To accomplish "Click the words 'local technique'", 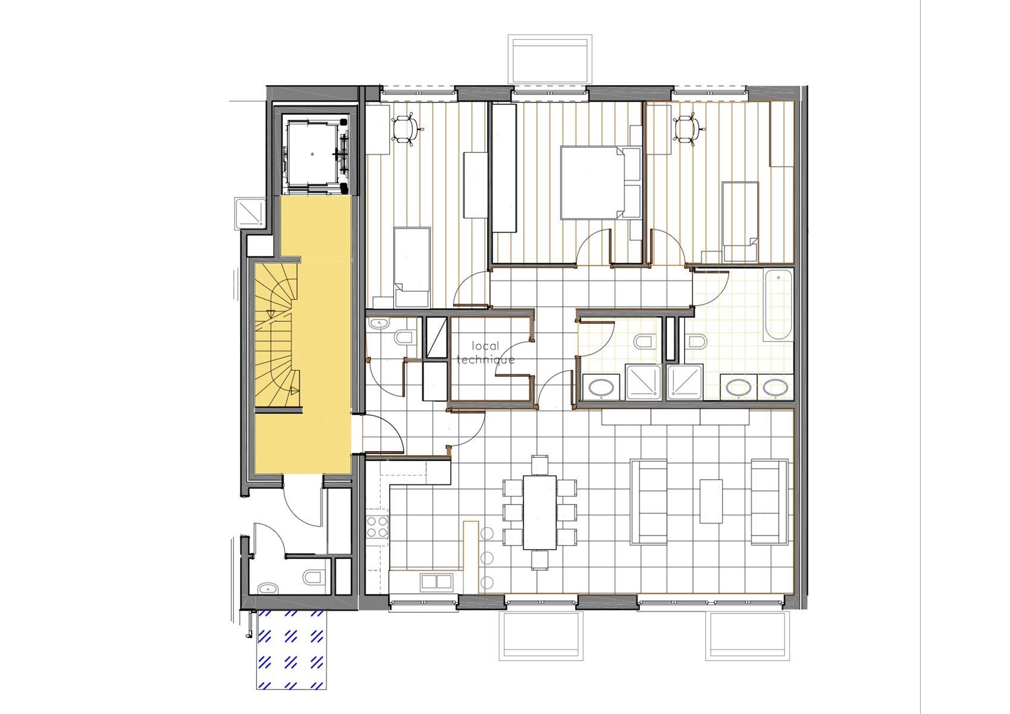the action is [485, 353].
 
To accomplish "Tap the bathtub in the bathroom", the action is [778, 305].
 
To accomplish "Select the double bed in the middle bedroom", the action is [601, 182].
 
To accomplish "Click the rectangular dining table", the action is [539, 512].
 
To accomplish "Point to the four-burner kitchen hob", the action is [377, 527].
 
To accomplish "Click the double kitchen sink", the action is [436, 582].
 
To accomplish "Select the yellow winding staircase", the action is [277, 337].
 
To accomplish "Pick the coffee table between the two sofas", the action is [711, 501].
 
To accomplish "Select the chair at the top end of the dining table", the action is [539, 465].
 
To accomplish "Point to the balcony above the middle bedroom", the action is [550, 59].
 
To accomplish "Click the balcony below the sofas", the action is [748, 635].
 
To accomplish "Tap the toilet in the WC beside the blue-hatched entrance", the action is [314, 577].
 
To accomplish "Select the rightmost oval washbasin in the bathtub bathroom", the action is [775, 387].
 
